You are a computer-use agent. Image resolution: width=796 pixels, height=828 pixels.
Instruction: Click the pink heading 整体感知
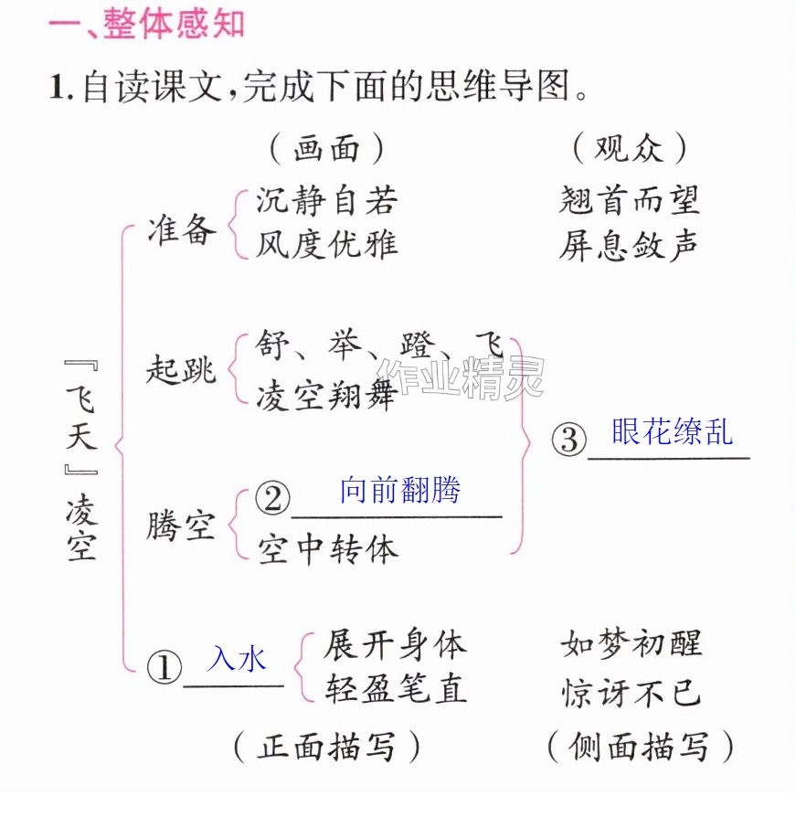(x=174, y=24)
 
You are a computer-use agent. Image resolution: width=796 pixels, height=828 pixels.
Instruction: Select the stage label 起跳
(x=181, y=368)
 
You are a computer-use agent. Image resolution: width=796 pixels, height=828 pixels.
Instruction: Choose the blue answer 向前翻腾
(x=400, y=490)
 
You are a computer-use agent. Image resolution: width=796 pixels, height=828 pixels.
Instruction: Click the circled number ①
(x=165, y=667)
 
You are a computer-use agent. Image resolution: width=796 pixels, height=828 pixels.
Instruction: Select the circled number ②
(x=272, y=498)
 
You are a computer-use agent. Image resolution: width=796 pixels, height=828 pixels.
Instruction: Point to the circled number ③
(x=568, y=440)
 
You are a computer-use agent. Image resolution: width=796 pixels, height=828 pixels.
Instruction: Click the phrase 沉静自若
(x=326, y=200)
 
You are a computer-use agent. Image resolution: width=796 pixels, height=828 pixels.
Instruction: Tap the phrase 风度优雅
(x=326, y=245)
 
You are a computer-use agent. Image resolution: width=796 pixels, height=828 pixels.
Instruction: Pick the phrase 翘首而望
(x=629, y=200)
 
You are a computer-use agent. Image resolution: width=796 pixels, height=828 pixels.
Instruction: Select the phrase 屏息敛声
(x=629, y=245)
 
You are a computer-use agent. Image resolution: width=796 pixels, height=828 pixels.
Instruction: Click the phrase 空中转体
(x=328, y=549)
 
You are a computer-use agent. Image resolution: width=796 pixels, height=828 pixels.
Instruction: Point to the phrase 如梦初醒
(x=631, y=643)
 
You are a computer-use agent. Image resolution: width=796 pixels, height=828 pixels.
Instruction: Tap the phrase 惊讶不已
(x=631, y=692)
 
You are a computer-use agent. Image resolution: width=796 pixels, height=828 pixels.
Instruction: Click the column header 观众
(x=629, y=148)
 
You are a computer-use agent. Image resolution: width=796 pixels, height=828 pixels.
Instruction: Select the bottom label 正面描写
(x=326, y=747)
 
